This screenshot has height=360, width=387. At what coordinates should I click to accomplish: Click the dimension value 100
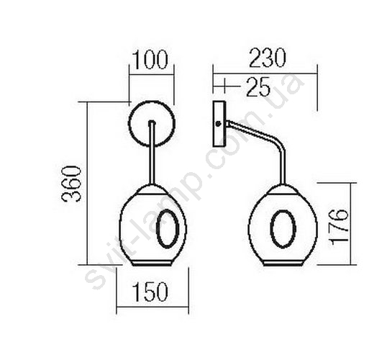click(x=150, y=60)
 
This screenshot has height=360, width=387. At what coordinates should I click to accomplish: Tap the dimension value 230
click(x=268, y=58)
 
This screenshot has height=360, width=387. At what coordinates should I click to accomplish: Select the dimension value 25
click(x=258, y=86)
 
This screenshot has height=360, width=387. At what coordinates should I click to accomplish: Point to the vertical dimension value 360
click(x=71, y=184)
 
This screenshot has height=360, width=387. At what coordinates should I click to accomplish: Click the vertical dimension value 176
click(x=340, y=227)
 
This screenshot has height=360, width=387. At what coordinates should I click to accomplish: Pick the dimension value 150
click(x=150, y=292)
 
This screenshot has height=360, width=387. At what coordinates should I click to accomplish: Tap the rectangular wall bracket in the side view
click(x=219, y=124)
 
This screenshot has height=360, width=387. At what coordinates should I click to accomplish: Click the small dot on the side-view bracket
click(x=218, y=124)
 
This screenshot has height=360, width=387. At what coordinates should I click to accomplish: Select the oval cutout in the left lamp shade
click(x=158, y=228)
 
